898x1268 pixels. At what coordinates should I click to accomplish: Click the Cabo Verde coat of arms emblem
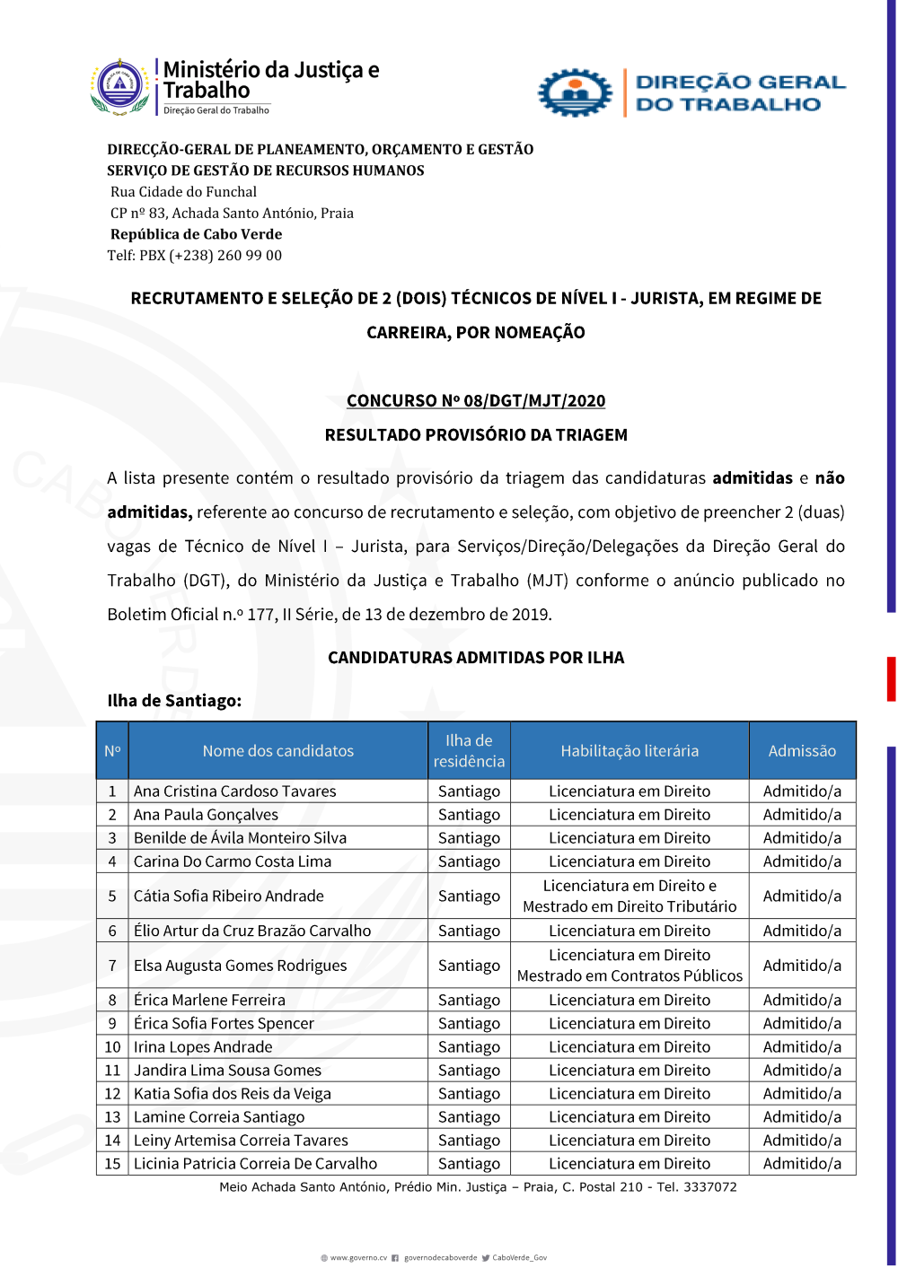[x=119, y=87]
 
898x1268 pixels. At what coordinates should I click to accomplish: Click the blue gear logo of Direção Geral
[x=575, y=92]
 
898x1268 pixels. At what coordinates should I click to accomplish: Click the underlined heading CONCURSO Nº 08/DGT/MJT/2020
[x=476, y=401]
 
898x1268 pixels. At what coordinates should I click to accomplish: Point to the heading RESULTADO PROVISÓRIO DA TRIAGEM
[x=476, y=435]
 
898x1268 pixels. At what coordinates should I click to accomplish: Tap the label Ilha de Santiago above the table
[x=174, y=701]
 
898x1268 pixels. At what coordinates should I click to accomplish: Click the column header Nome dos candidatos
[x=277, y=751]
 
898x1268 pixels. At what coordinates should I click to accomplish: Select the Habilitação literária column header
[x=629, y=751]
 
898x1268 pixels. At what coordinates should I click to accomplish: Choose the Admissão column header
[x=802, y=751]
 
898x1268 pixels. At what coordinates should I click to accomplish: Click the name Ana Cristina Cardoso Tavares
[x=235, y=791]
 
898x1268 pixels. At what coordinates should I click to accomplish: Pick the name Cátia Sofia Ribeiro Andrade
[x=229, y=896]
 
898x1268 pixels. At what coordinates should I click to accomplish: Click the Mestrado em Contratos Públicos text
[x=629, y=976]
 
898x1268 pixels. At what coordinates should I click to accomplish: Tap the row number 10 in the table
[x=112, y=1047]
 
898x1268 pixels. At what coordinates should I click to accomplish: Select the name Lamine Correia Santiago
[x=219, y=1117]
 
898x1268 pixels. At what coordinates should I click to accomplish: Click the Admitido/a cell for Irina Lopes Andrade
[x=802, y=1047]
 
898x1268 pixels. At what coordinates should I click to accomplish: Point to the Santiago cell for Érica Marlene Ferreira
[x=469, y=1001]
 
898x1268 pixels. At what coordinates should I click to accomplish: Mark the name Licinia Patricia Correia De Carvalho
[x=256, y=1164]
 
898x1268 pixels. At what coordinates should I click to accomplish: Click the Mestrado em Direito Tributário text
[x=629, y=907]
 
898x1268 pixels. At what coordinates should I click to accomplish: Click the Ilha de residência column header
[x=469, y=751]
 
